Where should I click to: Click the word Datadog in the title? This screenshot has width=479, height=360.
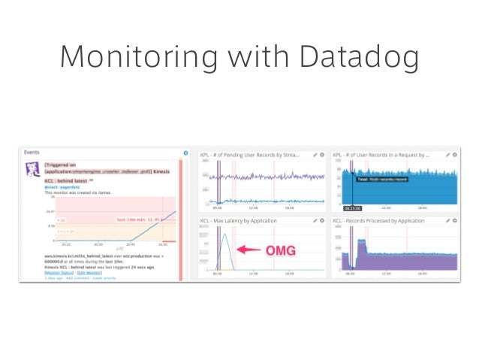[x=357, y=56]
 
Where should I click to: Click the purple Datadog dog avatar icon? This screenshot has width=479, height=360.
[x=32, y=171]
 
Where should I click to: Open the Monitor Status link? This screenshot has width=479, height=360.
[x=59, y=273]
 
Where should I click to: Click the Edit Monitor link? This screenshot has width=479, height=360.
[x=91, y=273]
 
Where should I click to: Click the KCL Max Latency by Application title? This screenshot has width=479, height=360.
[x=239, y=221]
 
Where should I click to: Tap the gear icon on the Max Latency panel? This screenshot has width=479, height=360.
[x=321, y=221]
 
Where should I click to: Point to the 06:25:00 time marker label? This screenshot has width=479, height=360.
[x=353, y=208]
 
